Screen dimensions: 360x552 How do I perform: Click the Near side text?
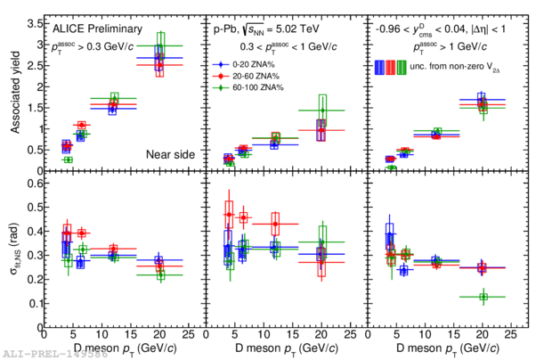pyautogui.click(x=169, y=154)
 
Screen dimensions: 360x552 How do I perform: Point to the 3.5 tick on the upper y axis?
pyautogui.click(x=45, y=19)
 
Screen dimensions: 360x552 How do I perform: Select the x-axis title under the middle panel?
pyautogui.click(x=282, y=347)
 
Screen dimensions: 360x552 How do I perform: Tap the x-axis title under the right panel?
pyautogui.click(x=442, y=347)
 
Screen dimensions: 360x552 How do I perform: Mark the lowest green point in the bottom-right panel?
pyautogui.click(x=483, y=297)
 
